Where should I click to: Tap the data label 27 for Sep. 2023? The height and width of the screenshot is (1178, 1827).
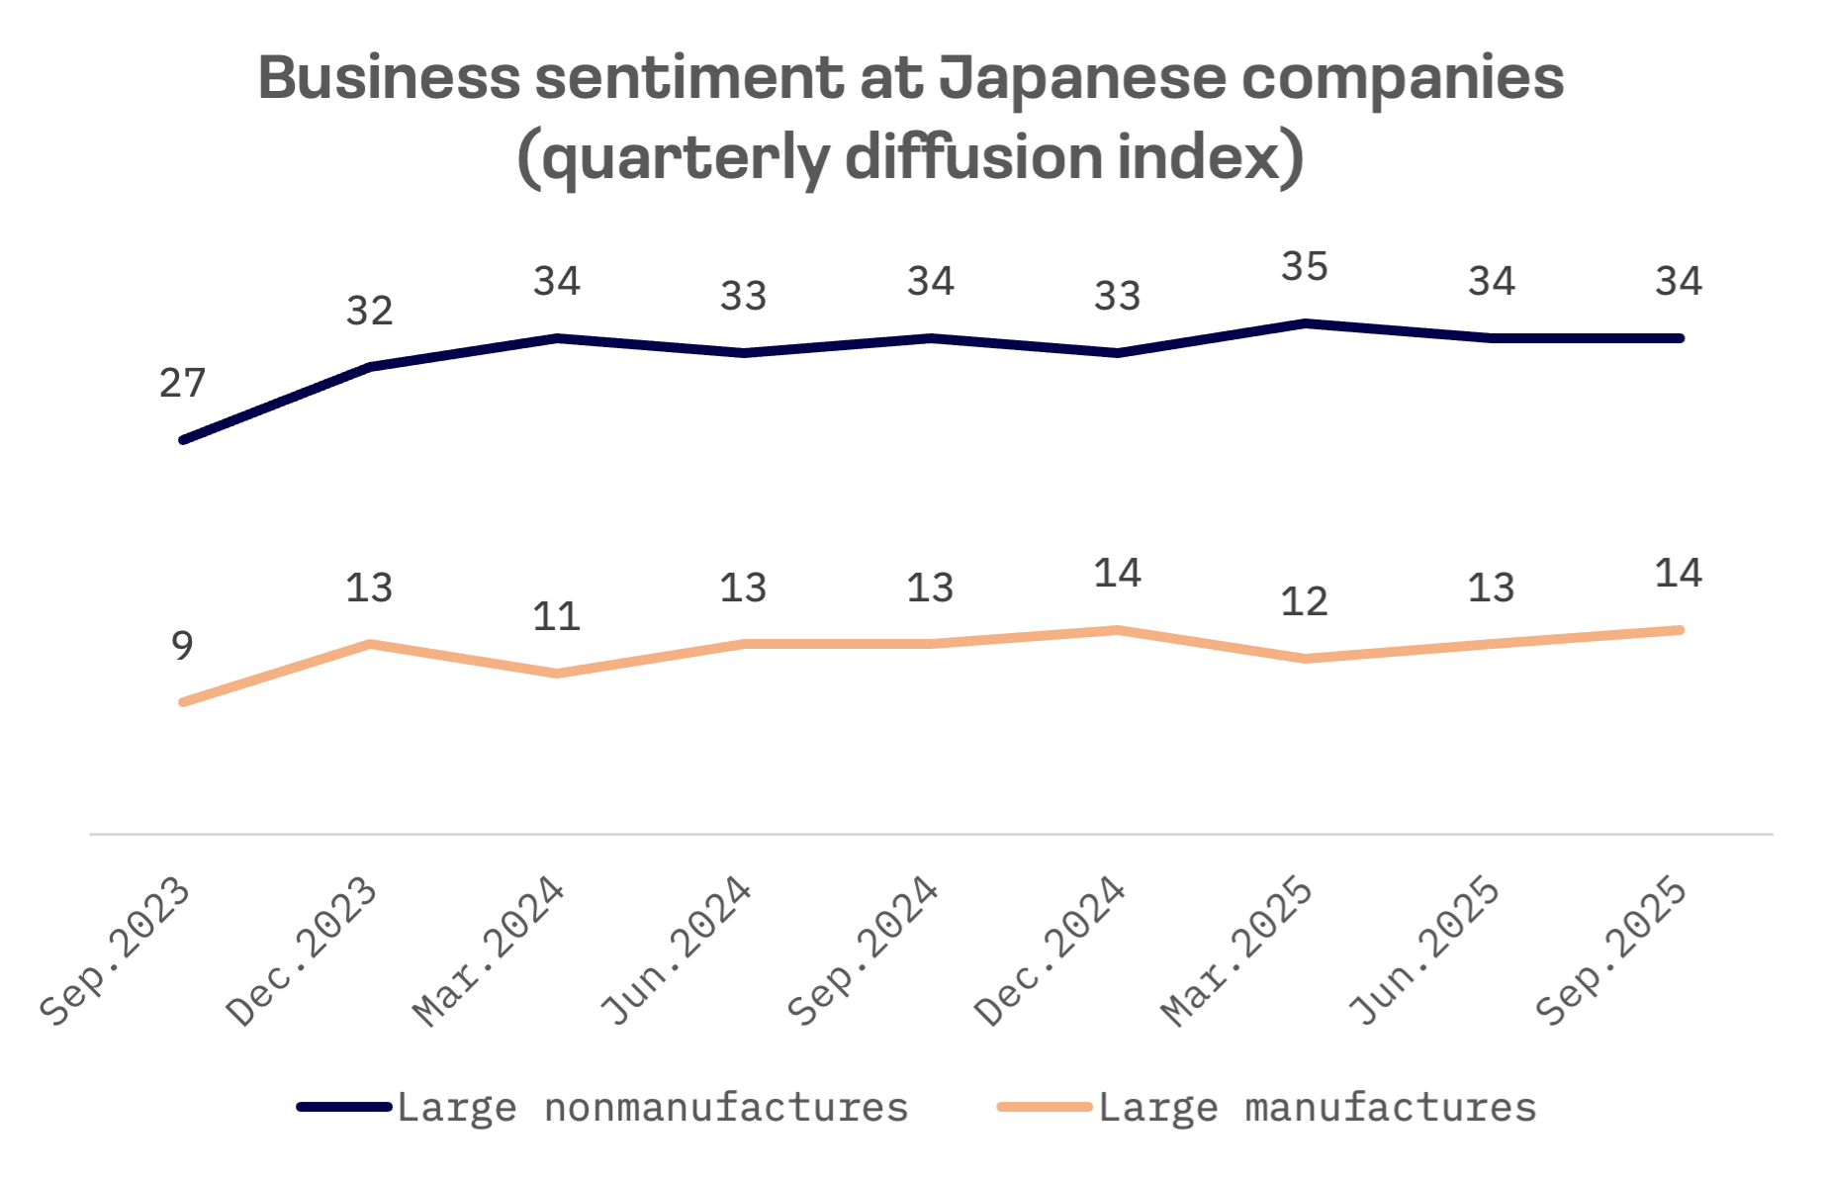pos(182,384)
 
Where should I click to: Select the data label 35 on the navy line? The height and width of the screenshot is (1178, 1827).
pos(1304,267)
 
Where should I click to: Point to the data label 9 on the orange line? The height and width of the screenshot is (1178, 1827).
pos(182,646)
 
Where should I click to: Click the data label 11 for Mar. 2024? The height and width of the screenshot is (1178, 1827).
pos(556,617)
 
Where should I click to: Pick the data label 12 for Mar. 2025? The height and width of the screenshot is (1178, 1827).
pos(1304,602)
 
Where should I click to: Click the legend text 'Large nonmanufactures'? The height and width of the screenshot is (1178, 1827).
pos(653,1108)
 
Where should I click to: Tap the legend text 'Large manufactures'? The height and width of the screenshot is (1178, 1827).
pos(1318,1108)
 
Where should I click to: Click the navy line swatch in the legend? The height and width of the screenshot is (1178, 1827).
pos(344,1107)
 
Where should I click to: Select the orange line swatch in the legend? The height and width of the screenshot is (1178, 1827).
pos(1045,1107)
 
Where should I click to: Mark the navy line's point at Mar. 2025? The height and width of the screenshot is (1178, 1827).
pos(1305,323)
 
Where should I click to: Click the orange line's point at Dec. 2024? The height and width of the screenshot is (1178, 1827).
pos(1118,630)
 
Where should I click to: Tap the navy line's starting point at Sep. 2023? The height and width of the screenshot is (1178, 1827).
pos(183,439)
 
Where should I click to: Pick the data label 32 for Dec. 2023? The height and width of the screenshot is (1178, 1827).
pos(369,312)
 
